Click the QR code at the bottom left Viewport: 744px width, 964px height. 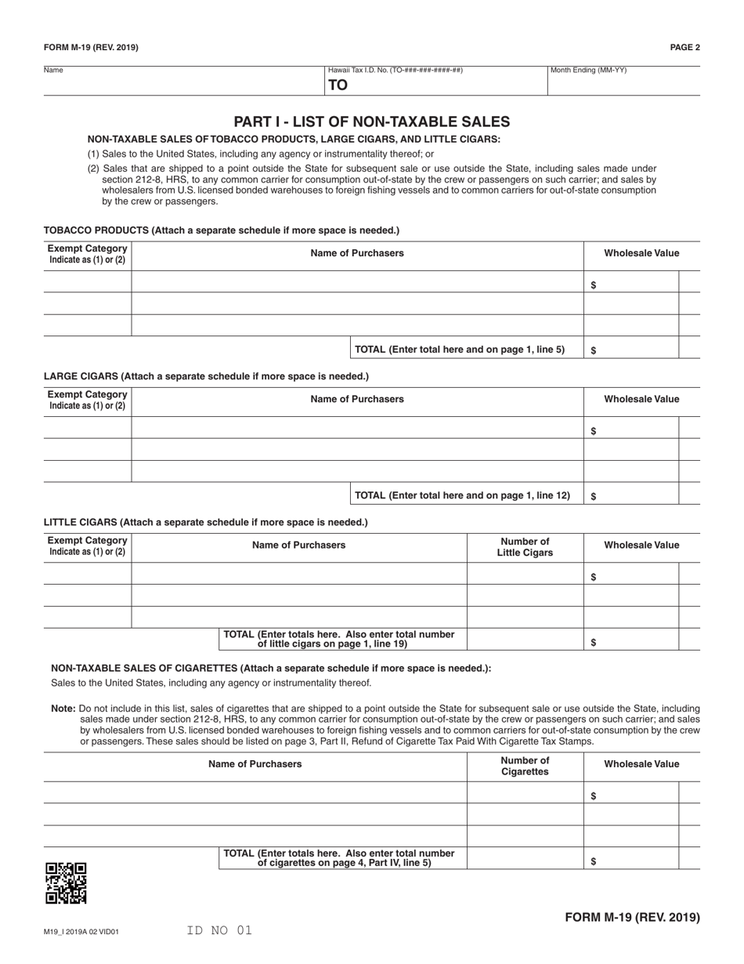coord(66,883)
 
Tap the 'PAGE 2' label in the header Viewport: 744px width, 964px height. coord(684,47)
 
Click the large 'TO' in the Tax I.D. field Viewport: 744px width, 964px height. coord(338,85)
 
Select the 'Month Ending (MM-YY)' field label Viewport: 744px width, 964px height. coord(588,71)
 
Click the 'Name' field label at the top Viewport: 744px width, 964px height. coord(53,71)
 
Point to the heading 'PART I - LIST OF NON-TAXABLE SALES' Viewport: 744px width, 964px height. coord(371,121)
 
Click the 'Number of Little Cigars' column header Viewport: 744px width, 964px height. coord(525,547)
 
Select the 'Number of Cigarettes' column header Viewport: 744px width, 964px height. coord(525,766)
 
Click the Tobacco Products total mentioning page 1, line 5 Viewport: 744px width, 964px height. coord(460,350)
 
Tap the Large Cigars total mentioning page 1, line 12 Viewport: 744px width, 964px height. coord(462,495)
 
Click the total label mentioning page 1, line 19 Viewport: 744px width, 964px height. coord(339,639)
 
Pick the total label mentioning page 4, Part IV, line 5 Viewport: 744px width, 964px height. coord(339,857)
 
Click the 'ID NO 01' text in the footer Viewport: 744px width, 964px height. coord(219,930)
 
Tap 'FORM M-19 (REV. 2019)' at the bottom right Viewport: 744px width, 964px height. coord(632,917)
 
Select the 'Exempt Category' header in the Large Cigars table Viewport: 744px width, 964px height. coord(87,399)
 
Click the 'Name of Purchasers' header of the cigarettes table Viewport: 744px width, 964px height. coord(255,763)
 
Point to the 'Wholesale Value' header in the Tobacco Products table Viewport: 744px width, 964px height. coord(641,253)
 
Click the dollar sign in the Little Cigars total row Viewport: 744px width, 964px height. coord(594,643)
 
